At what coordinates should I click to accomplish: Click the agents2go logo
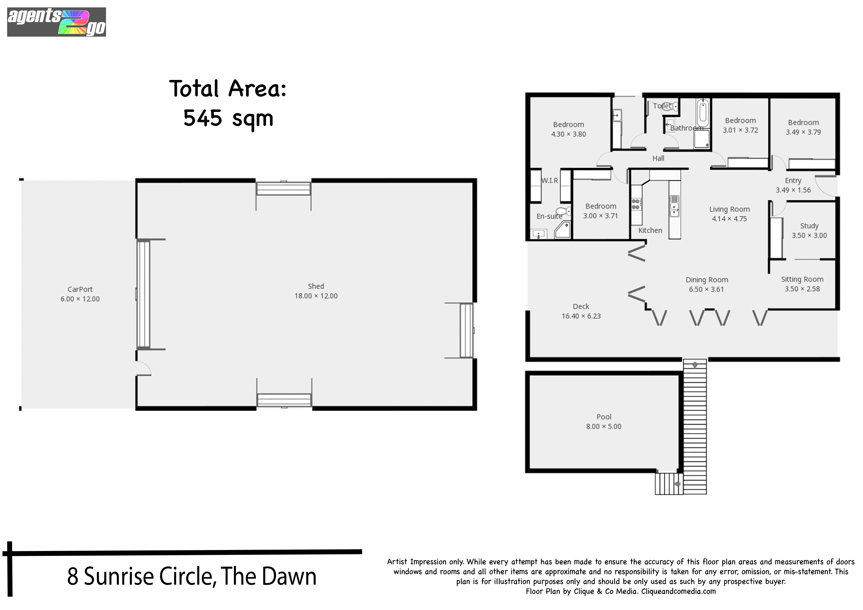[x=56, y=22]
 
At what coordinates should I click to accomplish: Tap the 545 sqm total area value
[x=228, y=118]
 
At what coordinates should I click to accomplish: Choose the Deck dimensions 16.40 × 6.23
[x=581, y=316]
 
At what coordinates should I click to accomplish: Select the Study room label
[x=809, y=226]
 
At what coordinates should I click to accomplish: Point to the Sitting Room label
[x=802, y=279]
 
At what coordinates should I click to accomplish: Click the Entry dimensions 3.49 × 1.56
[x=793, y=190]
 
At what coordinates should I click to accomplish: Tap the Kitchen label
[x=650, y=230]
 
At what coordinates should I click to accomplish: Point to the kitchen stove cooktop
[x=636, y=204]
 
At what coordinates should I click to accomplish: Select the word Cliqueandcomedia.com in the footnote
[x=678, y=591]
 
